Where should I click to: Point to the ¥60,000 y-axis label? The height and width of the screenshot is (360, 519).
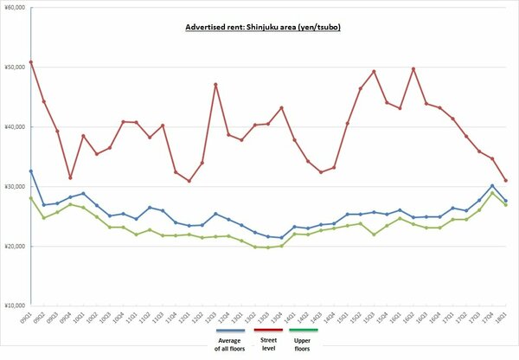tap(15, 7)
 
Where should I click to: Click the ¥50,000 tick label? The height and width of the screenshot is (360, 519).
tap(15, 67)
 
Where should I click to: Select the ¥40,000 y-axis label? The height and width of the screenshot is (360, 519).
tap(15, 126)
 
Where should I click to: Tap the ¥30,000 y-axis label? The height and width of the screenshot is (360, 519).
tap(15, 186)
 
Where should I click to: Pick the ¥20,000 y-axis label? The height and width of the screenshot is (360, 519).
tap(15, 246)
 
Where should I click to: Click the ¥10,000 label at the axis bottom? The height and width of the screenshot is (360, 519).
tap(15, 305)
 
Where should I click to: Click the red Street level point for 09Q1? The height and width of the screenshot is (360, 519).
tap(30, 61)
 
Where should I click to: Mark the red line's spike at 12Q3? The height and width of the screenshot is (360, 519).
tap(215, 85)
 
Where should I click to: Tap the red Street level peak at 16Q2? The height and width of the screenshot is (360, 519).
tap(413, 69)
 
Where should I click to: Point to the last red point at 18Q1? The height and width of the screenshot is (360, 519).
tap(505, 180)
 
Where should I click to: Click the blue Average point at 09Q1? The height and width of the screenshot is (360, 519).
tap(30, 171)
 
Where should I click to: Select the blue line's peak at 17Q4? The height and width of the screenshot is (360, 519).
tap(492, 186)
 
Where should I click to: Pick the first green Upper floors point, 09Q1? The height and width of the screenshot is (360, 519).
tap(30, 198)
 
